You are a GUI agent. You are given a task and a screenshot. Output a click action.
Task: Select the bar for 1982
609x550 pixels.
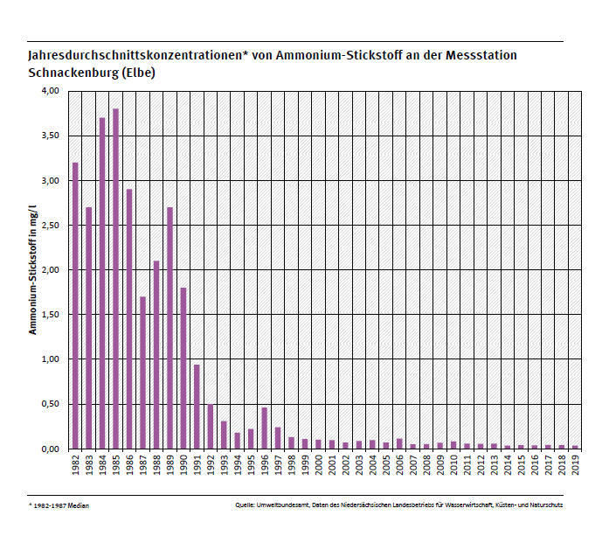[75, 305]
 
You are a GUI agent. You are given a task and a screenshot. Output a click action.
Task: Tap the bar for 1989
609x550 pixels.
[170, 328]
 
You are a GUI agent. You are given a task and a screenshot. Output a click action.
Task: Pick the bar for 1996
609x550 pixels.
[264, 428]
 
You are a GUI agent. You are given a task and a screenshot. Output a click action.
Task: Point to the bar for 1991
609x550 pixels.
[197, 407]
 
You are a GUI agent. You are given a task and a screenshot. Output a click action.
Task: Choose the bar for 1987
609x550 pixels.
[142, 372]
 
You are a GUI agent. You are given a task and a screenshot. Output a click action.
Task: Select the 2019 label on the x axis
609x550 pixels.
[575, 464]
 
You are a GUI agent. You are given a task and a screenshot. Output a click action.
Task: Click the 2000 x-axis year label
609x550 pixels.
[318, 464]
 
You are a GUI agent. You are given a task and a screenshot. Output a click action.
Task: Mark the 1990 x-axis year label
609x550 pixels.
[183, 464]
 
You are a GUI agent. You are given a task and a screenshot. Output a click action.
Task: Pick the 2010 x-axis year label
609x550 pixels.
[453, 464]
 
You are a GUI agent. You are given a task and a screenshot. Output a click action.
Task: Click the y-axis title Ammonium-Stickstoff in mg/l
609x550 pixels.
[33, 269]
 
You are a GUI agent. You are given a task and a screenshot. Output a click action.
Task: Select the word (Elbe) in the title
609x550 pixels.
[139, 73]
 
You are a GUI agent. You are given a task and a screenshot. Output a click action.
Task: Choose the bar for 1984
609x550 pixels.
[102, 283]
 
